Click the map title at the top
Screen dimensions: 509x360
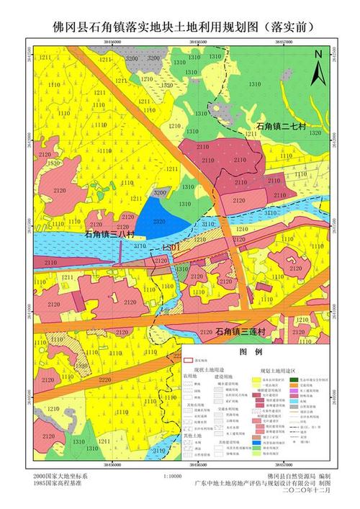point(180,27)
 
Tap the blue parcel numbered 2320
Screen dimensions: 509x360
point(159,222)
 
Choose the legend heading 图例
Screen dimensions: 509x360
point(251,352)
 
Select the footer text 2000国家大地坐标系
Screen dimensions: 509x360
point(60,477)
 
